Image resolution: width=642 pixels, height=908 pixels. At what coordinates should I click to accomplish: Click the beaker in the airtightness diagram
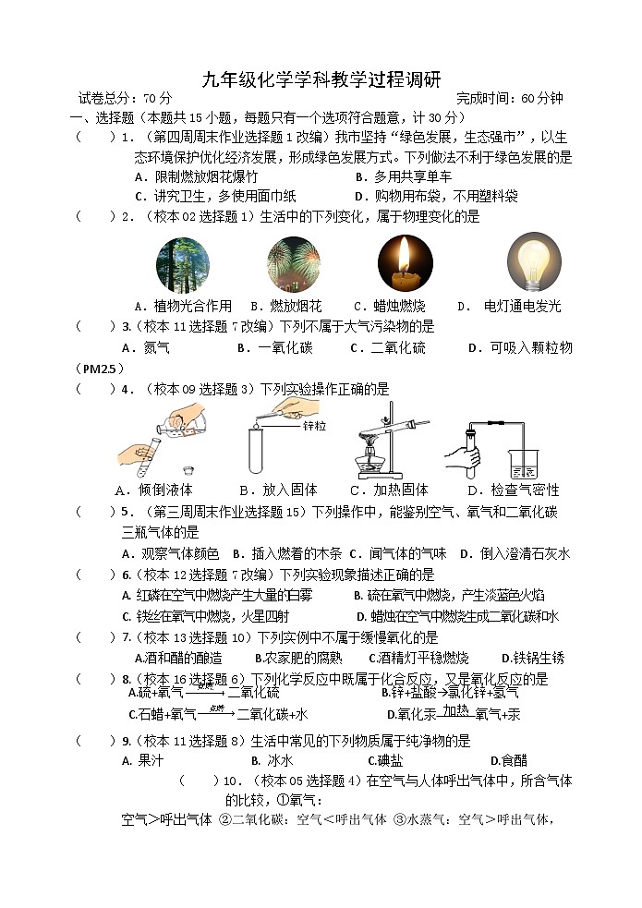coord(523,459)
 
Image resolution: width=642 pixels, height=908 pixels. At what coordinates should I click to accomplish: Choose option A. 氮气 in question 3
coord(146,348)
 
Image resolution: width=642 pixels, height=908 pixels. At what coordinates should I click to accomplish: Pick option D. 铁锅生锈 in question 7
coord(532,658)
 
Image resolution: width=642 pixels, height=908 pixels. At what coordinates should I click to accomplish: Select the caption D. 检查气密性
coord(513,490)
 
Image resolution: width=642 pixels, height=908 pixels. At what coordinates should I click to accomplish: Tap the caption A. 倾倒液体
coord(153,490)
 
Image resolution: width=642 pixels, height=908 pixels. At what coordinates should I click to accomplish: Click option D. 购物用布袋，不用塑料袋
coord(436,196)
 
